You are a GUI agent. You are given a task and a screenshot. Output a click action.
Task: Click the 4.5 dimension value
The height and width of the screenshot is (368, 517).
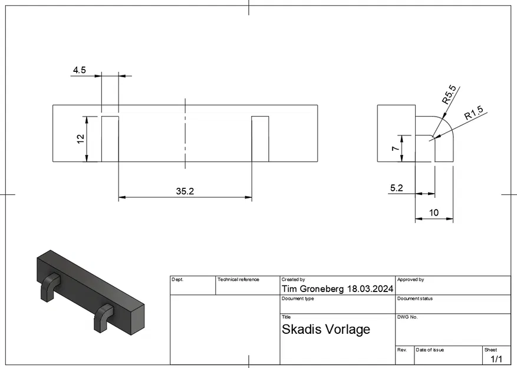coord(79,70)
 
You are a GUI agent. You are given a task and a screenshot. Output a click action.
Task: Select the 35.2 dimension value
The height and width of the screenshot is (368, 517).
coord(185,191)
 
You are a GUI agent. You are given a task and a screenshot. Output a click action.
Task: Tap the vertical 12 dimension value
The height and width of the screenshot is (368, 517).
coord(81,138)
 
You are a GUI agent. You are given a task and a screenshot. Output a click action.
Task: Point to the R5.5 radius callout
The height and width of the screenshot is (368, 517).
coord(449,95)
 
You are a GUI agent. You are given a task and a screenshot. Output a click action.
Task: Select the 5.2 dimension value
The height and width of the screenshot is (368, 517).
coord(397,188)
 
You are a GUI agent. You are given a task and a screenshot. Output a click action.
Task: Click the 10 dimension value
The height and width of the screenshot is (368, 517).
coord(434,213)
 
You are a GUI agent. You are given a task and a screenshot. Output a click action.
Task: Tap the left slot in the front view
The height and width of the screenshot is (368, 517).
coord(110,139)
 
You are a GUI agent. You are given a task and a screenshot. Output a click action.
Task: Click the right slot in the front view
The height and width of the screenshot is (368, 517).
coord(260,139)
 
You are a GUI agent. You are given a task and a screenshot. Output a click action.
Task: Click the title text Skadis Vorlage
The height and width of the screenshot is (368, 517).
coord(325,329)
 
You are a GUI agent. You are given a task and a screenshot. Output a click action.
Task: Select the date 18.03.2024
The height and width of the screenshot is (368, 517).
coord(370,289)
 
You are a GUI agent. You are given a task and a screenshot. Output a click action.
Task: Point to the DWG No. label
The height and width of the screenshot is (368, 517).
coord(407,317)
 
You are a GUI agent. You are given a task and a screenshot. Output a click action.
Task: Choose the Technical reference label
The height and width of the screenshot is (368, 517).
coord(239,280)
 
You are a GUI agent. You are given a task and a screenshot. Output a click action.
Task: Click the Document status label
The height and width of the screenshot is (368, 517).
coord(415,299)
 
